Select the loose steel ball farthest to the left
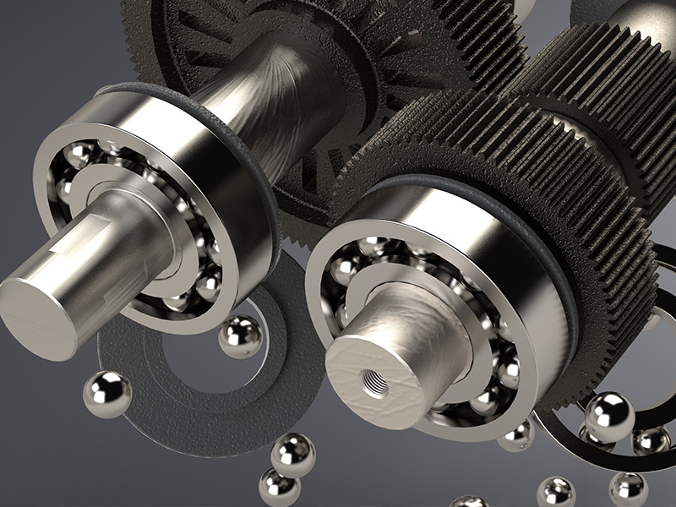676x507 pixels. click(x=107, y=394)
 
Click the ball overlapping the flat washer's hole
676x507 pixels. click(x=240, y=336)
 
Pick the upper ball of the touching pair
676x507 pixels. click(x=292, y=455)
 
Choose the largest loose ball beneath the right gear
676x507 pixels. click(x=609, y=417)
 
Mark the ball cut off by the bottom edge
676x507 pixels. click(x=469, y=502)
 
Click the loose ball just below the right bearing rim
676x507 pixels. click(x=516, y=435)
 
